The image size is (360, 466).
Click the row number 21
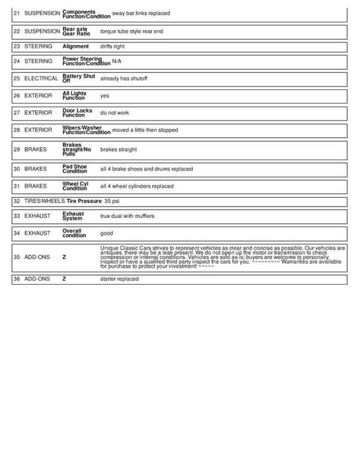[16, 13]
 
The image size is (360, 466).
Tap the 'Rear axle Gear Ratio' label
[76, 31]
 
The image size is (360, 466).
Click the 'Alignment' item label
[76, 46]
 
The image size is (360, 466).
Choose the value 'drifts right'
[112, 46]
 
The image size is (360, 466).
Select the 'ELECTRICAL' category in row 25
[41, 78]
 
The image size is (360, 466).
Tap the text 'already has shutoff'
[124, 78]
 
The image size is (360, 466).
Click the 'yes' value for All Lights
[104, 95]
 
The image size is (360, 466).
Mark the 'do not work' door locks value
[115, 113]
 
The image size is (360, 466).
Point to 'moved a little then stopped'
[145, 130]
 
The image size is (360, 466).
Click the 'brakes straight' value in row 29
[118, 150]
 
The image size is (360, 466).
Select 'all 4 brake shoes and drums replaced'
[146, 169]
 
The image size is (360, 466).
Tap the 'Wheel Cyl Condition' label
[76, 186]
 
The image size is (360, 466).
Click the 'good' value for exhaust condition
[106, 234]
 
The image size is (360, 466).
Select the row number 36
[16, 279]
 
